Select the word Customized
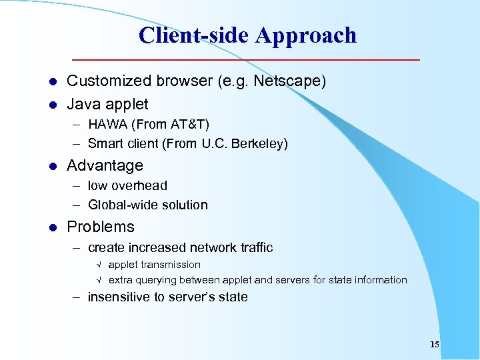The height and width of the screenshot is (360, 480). (108, 81)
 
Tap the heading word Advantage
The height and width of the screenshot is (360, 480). (105, 165)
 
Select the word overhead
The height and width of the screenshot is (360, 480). (139, 185)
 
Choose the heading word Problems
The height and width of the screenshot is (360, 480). (101, 227)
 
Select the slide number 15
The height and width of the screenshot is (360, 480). (435, 345)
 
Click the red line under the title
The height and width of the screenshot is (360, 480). (247, 60)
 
